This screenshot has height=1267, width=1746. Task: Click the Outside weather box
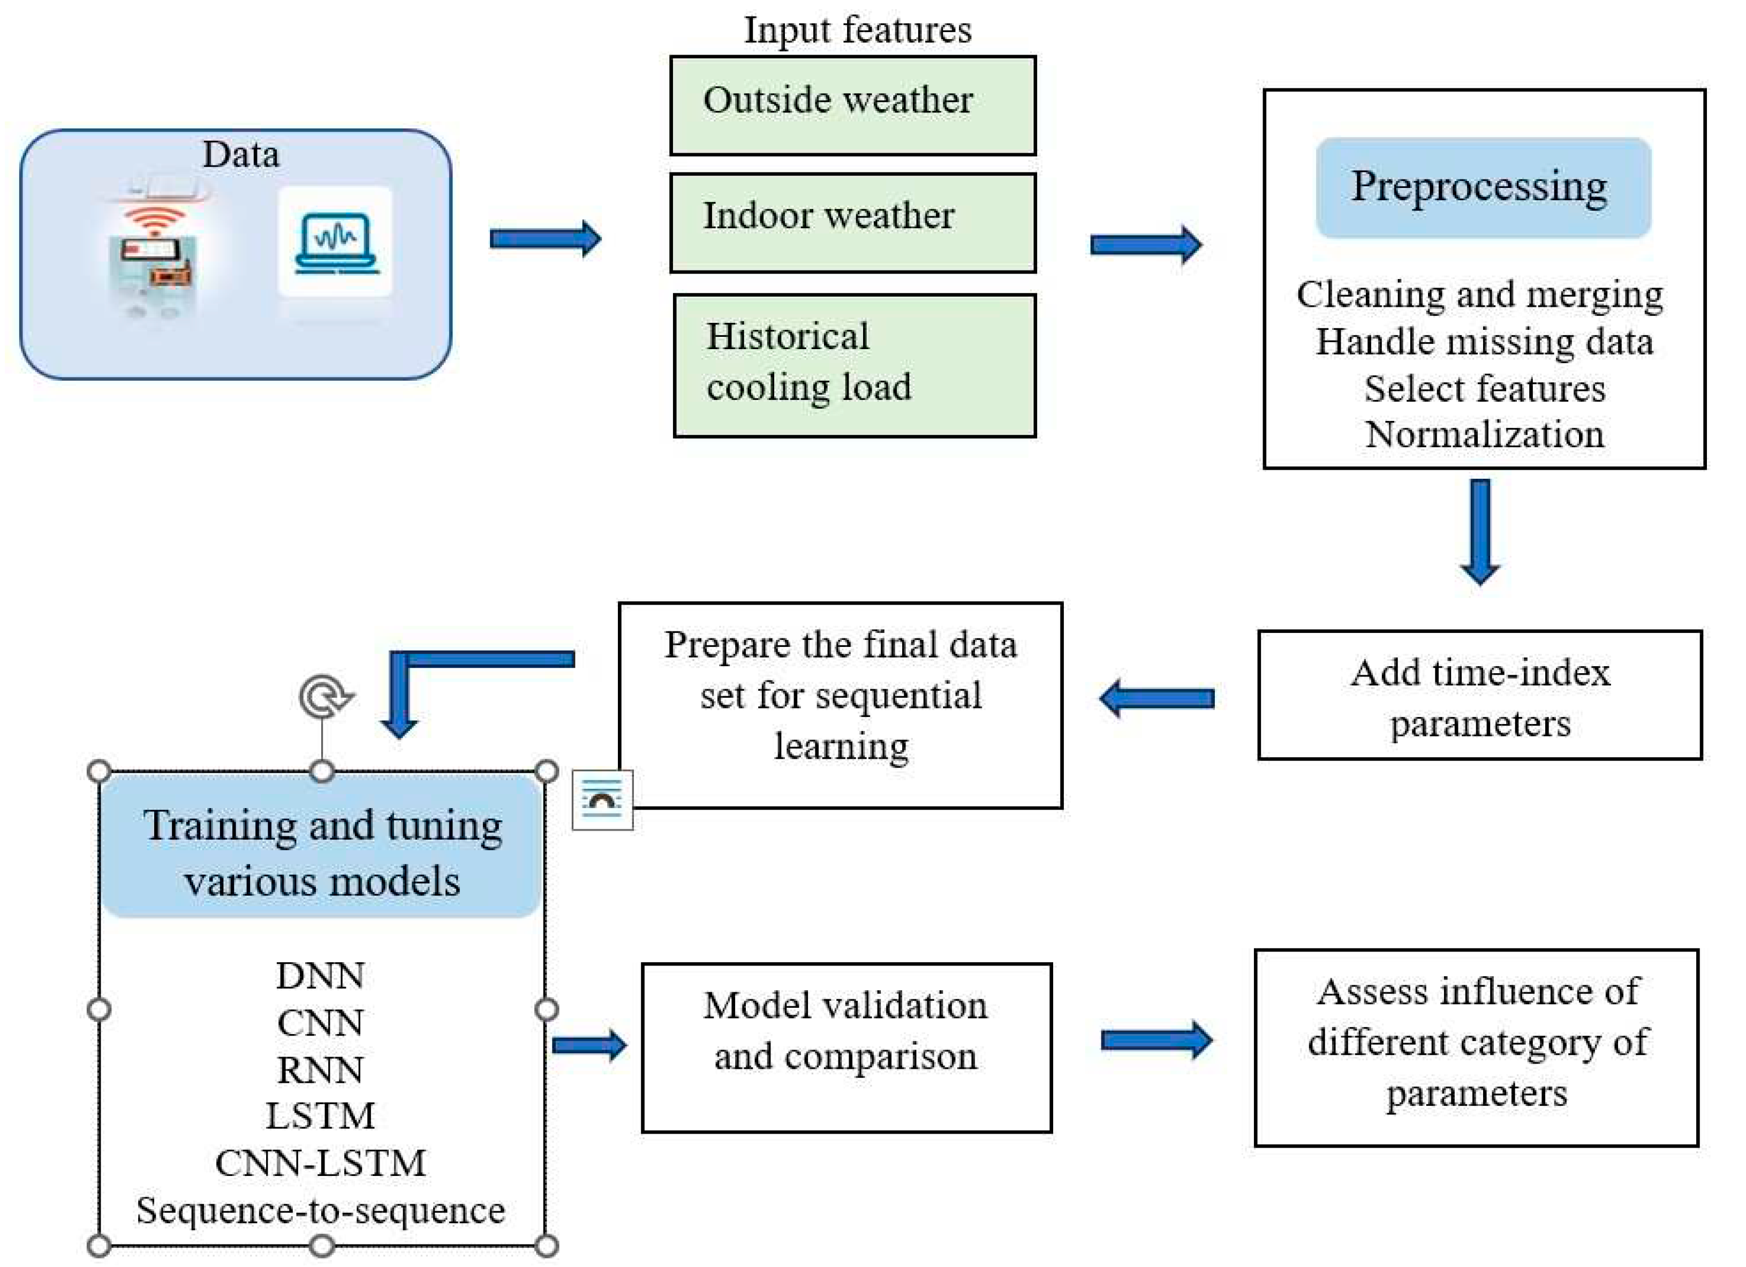(852, 105)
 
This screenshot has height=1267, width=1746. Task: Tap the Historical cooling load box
(854, 366)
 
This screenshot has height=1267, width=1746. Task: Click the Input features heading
(857, 30)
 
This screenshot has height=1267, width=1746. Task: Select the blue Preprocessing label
(1482, 187)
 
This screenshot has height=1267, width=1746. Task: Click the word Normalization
(1484, 435)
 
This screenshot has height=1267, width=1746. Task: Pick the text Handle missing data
(1484, 342)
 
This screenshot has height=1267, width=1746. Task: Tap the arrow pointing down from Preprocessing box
(1480, 531)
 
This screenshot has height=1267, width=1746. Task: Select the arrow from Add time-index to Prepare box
(1157, 698)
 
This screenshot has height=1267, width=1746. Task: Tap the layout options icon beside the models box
(602, 800)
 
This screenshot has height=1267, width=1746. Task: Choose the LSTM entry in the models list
(320, 1116)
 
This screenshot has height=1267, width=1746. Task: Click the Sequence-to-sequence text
(320, 1211)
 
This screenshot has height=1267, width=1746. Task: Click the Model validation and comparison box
(846, 1047)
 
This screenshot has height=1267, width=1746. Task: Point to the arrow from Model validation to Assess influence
(1157, 1040)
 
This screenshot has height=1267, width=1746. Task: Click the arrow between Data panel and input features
(545, 239)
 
